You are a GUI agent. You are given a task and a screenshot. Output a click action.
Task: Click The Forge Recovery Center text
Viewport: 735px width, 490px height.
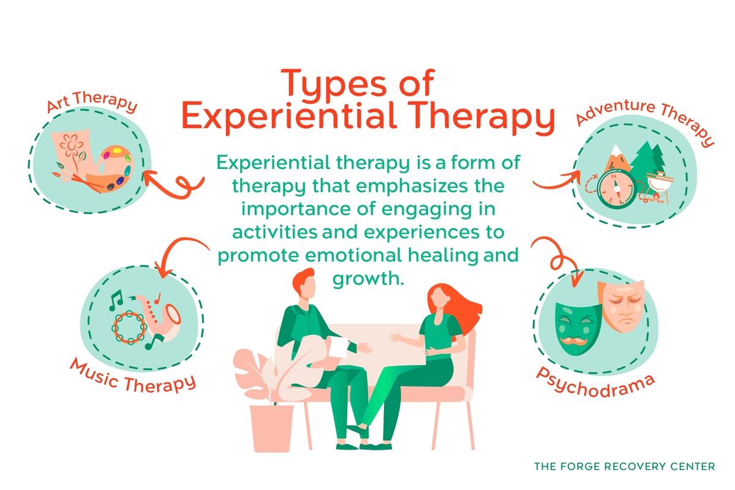pos(624,467)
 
